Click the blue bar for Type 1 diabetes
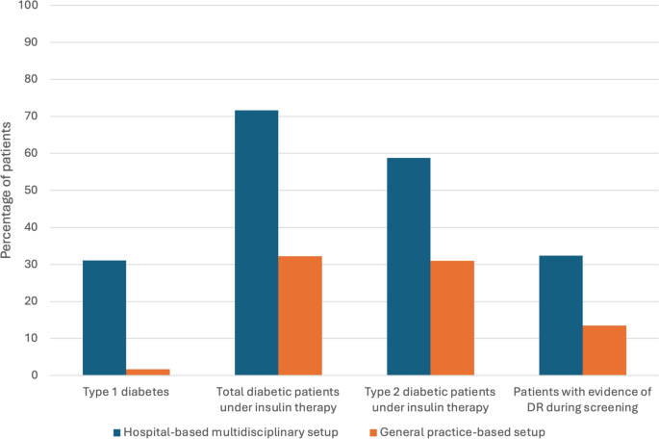pos(104,318)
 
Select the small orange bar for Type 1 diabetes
pos(148,372)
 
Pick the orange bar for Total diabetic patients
pos(300,316)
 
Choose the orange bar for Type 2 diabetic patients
pos(452,318)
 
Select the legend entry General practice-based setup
pos(462,432)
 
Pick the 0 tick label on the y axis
pos(35,375)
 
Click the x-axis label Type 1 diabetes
pos(126,393)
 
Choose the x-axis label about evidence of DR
pos(582,400)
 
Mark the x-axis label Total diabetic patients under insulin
pos(278,400)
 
